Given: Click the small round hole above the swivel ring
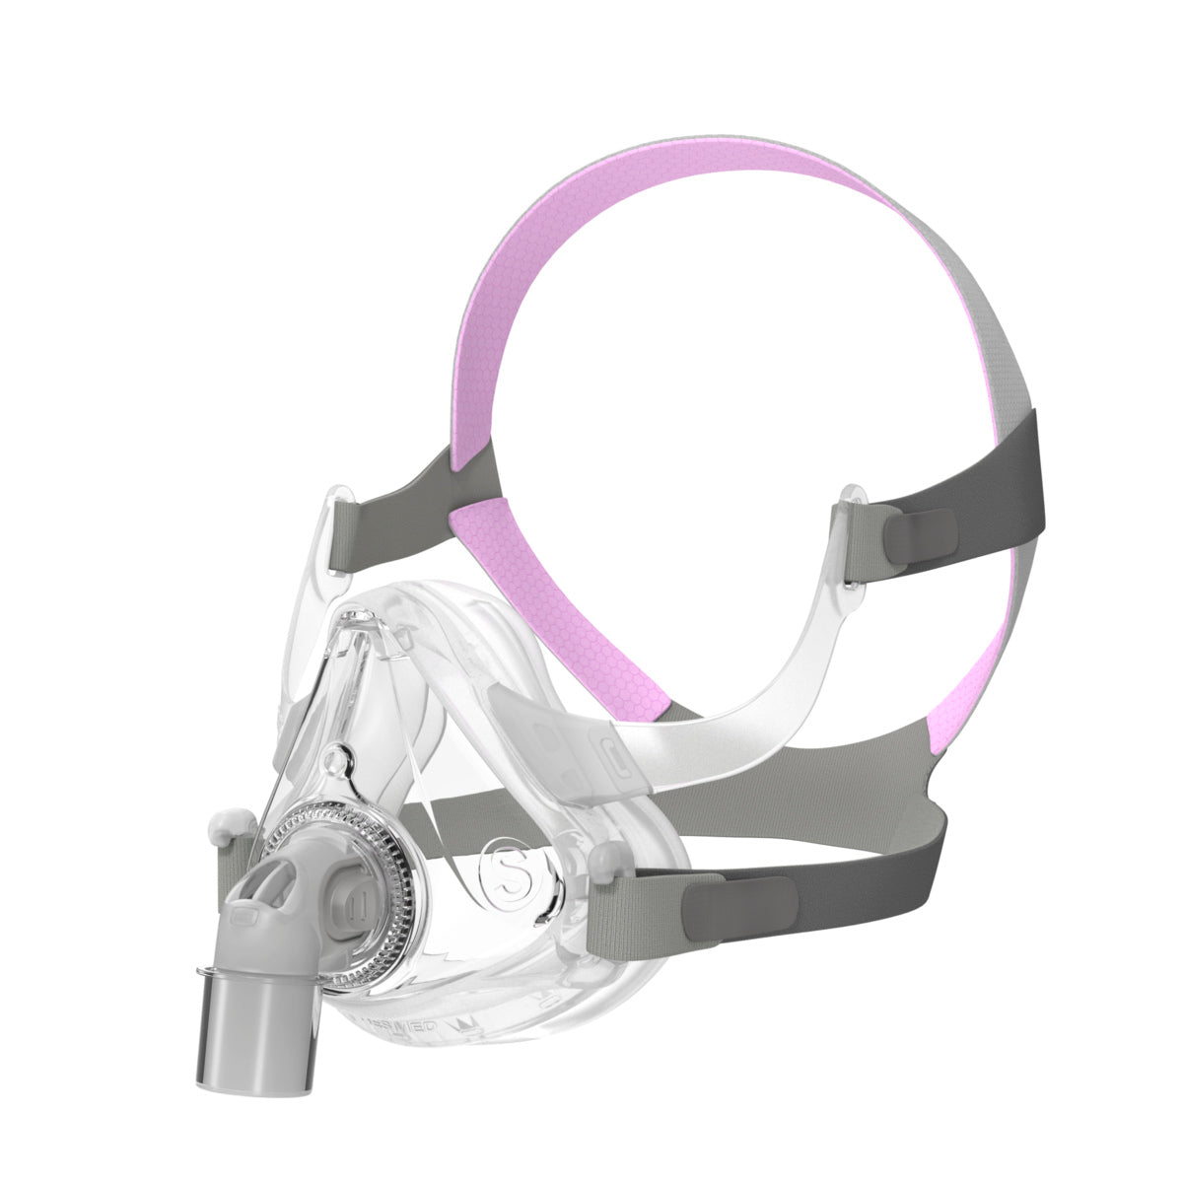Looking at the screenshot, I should pos(338,759).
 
